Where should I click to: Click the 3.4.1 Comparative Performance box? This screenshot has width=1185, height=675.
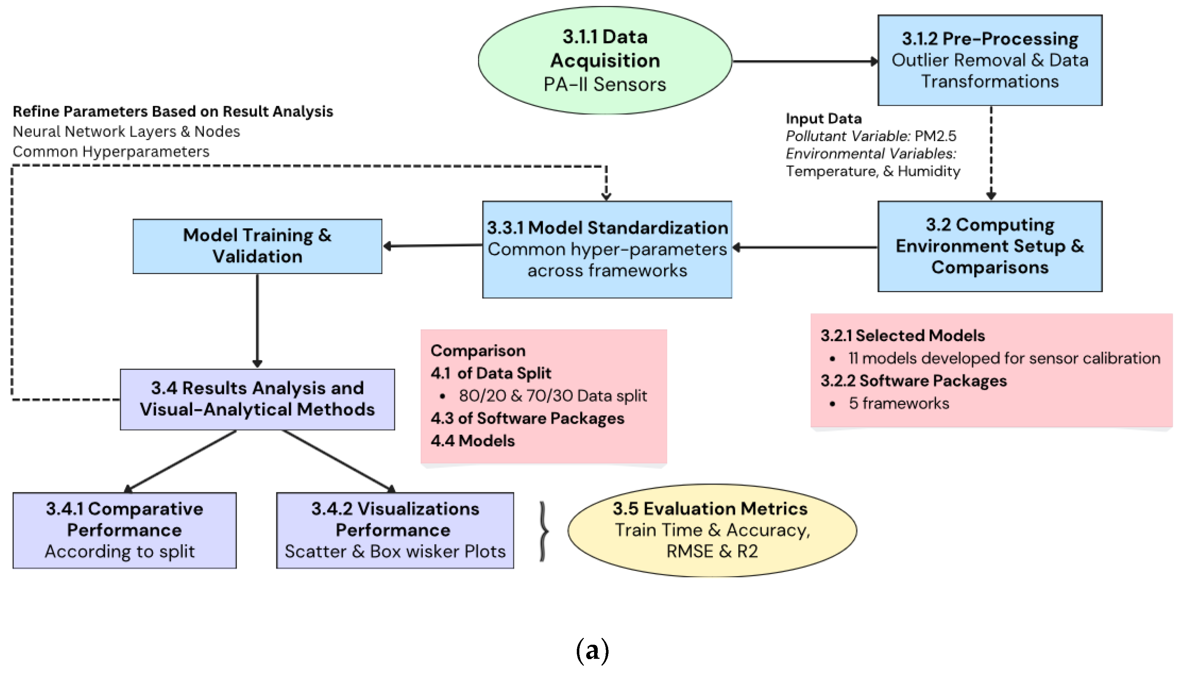124,530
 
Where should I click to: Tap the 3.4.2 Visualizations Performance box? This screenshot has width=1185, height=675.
395,530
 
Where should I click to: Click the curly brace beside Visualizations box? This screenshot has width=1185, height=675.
544,531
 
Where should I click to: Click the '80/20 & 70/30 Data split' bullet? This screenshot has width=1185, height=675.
552,396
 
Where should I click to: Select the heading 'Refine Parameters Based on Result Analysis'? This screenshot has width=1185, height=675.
172,111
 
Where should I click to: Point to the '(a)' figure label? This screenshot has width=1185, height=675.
592,650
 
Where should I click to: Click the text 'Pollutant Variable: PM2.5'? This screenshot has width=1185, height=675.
870,136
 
